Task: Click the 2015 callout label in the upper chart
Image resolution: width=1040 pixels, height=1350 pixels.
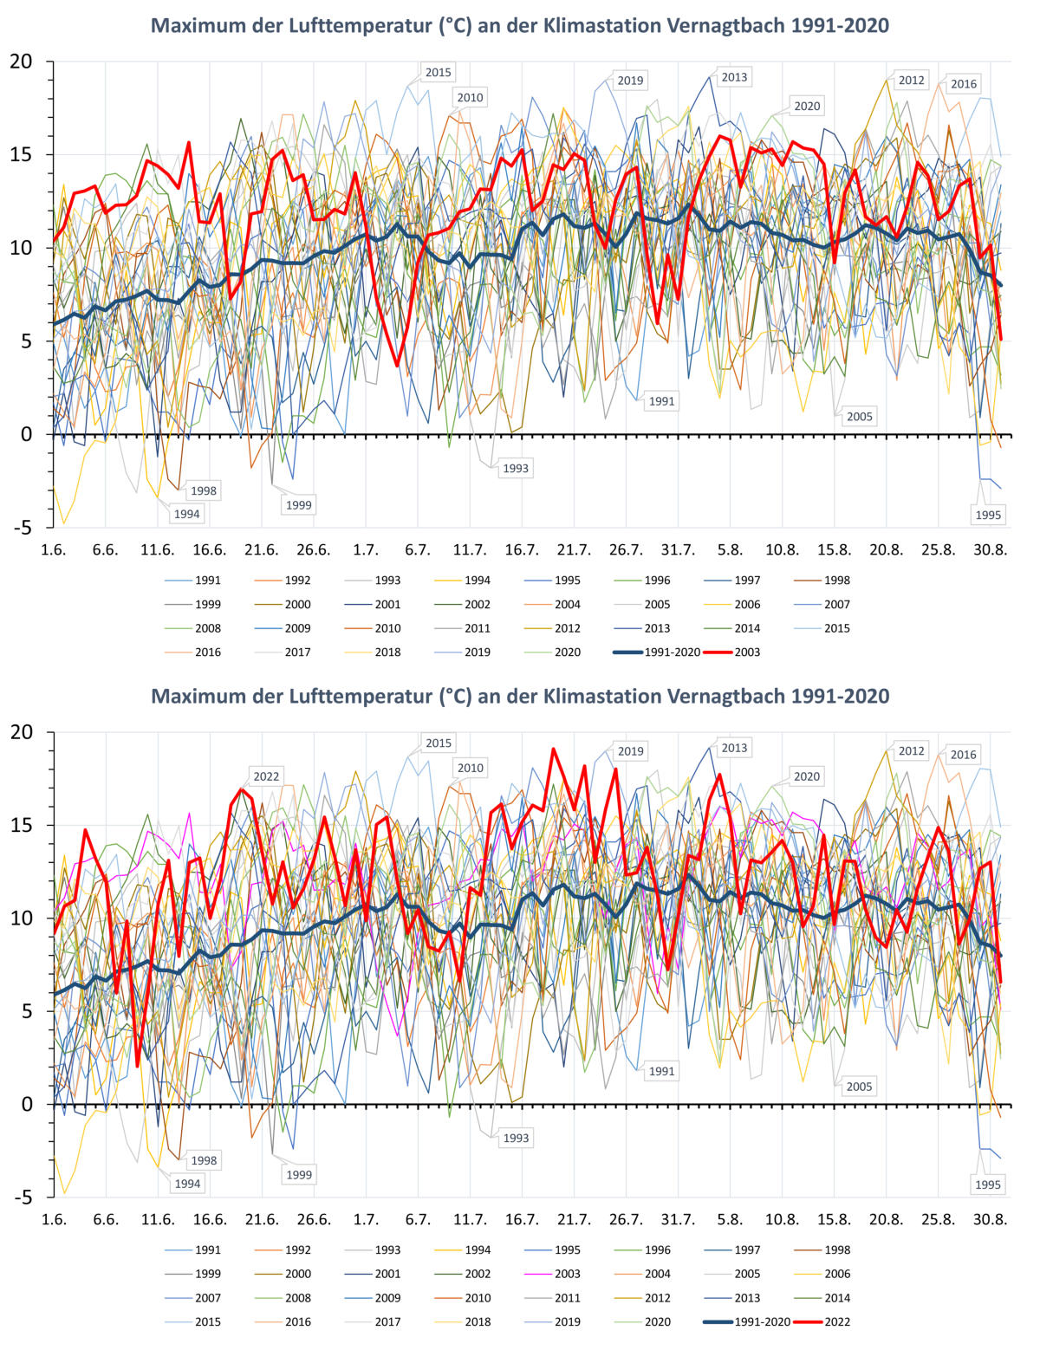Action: click(438, 73)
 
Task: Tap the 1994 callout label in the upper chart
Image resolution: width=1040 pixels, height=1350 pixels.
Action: click(186, 514)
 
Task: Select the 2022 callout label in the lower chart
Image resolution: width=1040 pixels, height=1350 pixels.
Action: click(266, 776)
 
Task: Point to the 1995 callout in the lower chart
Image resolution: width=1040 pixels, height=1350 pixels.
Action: click(988, 1184)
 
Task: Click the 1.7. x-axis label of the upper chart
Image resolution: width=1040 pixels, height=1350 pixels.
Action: click(366, 549)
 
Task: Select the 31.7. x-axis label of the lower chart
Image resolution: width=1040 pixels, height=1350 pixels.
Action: click(678, 1219)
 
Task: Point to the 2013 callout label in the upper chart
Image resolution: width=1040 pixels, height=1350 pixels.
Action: click(734, 78)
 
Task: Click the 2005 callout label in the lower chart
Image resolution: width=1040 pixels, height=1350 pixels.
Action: click(859, 1087)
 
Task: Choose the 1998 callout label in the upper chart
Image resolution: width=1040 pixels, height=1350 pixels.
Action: click(204, 490)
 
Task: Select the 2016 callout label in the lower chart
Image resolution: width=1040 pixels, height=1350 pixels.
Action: click(963, 755)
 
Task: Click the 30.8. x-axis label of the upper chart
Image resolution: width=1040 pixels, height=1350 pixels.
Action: click(990, 549)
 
